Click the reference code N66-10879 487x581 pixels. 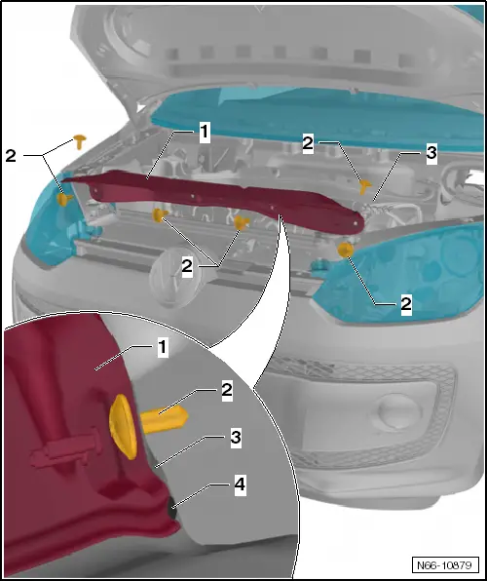(444, 565)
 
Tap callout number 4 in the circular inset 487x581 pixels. (240, 484)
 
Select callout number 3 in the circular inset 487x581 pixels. (236, 438)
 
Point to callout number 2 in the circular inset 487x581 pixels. (227, 390)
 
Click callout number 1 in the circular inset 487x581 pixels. (163, 347)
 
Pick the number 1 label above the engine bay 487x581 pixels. (205, 133)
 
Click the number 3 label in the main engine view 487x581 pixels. (431, 153)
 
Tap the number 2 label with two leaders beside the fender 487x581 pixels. (11, 156)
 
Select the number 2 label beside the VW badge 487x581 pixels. (187, 266)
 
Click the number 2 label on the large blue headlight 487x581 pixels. (406, 304)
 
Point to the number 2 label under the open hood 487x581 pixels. (308, 143)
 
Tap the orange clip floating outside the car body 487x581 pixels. (79, 141)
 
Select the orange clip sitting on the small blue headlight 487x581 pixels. (64, 199)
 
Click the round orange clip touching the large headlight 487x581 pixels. (345, 251)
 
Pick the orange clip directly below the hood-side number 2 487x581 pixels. (365, 186)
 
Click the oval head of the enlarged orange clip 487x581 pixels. (124, 426)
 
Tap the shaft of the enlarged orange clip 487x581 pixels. (163, 419)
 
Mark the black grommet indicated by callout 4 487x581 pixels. (171, 509)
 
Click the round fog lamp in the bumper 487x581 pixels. (400, 412)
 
